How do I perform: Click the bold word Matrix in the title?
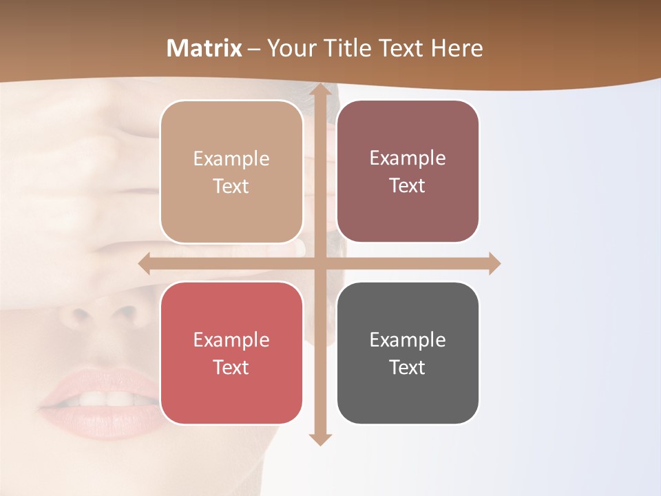[204, 48]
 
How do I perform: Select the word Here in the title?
[457, 48]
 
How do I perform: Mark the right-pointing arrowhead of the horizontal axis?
[494, 263]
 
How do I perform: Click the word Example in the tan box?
[231, 159]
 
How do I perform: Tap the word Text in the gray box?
[408, 367]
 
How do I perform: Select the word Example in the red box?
[231, 340]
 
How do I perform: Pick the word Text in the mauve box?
[408, 186]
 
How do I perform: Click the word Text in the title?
[399, 48]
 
